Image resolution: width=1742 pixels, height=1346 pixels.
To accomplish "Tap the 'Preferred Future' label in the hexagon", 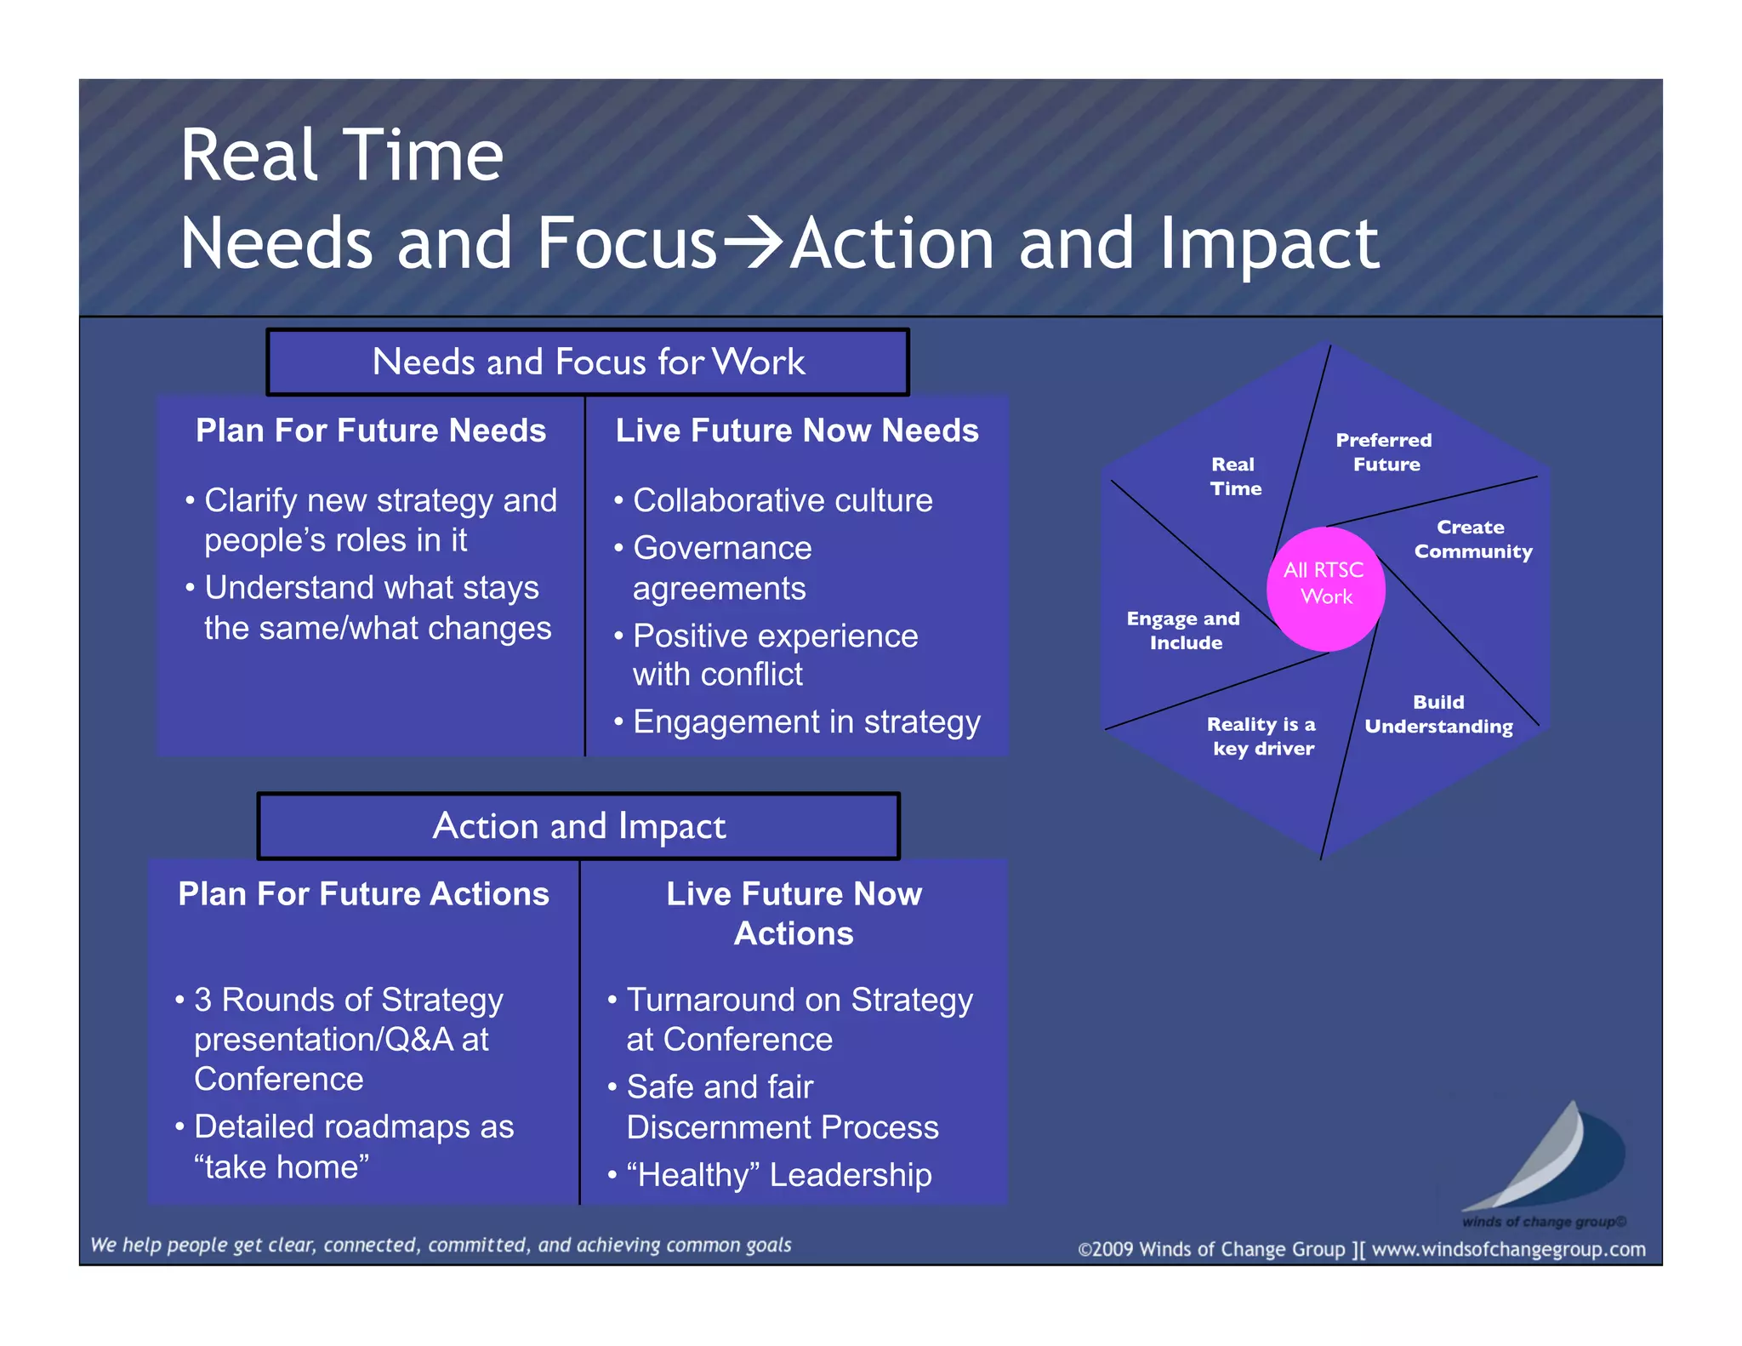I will [x=1385, y=452].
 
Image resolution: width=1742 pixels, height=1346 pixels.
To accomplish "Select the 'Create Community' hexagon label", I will [x=1472, y=539].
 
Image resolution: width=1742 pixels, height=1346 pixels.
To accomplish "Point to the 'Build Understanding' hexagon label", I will [x=1438, y=714].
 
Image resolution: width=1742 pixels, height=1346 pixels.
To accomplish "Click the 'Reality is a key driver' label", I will [x=1262, y=736].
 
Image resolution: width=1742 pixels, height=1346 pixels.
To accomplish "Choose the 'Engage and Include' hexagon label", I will [x=1184, y=630].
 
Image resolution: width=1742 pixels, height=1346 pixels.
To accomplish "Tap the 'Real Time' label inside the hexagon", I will [x=1235, y=476].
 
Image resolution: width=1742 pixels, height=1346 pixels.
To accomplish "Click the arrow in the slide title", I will [x=753, y=242].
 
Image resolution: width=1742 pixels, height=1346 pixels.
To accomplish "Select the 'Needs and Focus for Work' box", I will [x=588, y=362].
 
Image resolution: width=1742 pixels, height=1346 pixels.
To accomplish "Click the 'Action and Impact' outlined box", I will [x=578, y=826].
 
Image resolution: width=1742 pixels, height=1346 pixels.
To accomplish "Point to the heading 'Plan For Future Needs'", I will [x=371, y=431].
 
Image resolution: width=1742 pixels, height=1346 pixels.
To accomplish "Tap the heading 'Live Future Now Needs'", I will [x=797, y=431].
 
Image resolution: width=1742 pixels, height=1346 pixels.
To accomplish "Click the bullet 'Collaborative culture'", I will [x=782, y=500].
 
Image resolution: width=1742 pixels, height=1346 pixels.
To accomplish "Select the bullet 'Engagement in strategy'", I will [x=806, y=721].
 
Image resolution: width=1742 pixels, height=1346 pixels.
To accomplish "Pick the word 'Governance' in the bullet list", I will [x=722, y=548].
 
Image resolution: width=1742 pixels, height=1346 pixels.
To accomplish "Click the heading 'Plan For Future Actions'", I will [x=363, y=894].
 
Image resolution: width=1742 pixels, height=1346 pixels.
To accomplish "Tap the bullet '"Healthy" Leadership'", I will [x=778, y=1175].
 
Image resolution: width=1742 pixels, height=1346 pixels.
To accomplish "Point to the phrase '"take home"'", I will [x=282, y=1167].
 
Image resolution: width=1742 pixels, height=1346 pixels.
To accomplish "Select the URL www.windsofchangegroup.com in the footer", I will [x=1508, y=1249].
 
